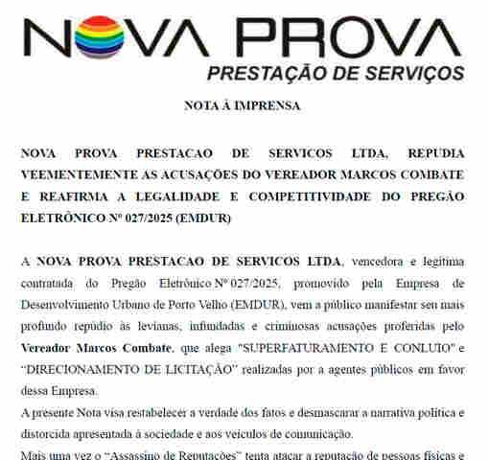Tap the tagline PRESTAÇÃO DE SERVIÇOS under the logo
click(x=336, y=73)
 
